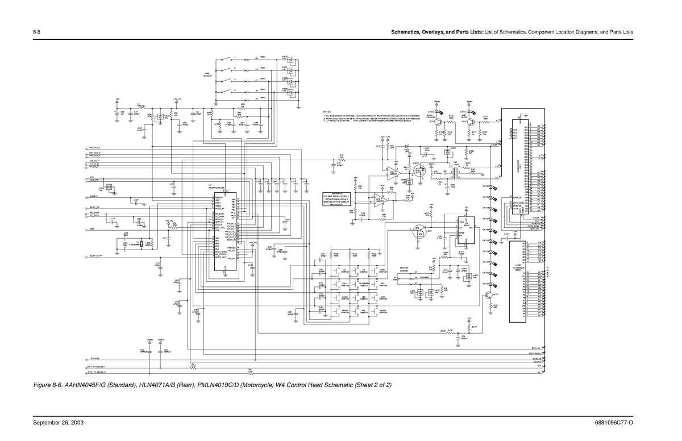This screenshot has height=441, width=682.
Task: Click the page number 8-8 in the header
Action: [x=36, y=31]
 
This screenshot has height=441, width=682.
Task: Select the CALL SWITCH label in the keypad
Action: [x=345, y=284]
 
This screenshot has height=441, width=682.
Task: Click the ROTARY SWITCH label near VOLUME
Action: [x=404, y=269]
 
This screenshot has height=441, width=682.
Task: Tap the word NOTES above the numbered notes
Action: [x=327, y=111]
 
